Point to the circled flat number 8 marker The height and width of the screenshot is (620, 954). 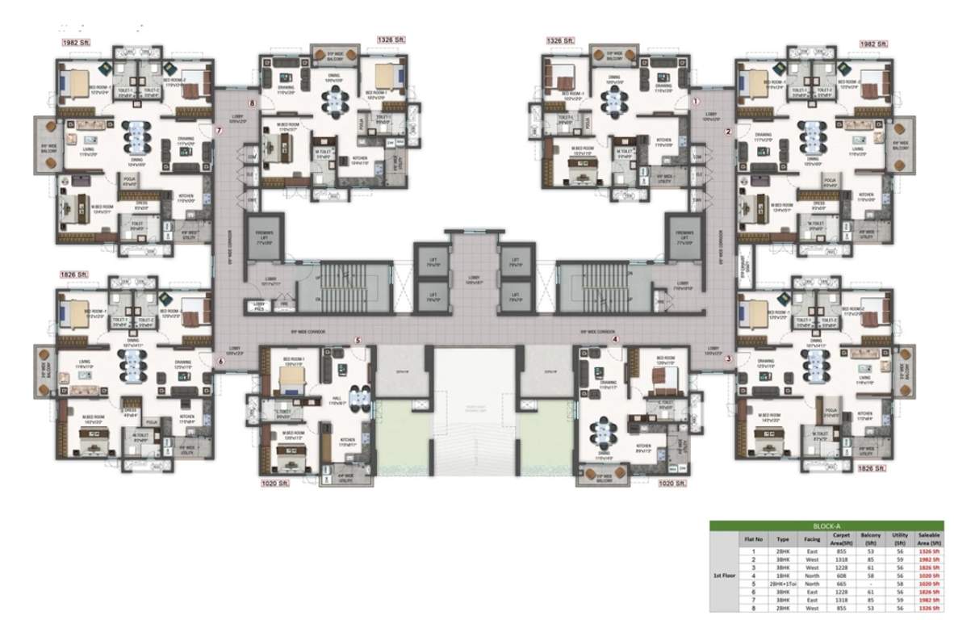(x=253, y=103)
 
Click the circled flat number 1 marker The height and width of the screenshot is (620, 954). (x=697, y=103)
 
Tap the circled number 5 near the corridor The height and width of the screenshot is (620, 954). (x=357, y=341)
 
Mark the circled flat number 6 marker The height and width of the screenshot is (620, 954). (x=220, y=362)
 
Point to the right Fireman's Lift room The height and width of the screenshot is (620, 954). (x=686, y=237)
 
